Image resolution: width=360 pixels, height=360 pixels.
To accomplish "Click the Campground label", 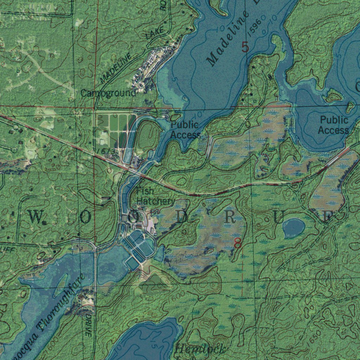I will click(108, 93).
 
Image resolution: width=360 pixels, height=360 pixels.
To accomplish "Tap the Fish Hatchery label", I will click(155, 196).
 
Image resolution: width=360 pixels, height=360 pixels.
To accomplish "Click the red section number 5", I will click(245, 47).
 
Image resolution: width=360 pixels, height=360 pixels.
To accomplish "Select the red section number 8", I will click(238, 243).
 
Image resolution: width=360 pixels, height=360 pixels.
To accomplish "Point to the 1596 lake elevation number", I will click(254, 28).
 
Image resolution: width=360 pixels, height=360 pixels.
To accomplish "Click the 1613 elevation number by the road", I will click(105, 152).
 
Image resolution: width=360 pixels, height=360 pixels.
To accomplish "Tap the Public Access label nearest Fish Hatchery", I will click(185, 130).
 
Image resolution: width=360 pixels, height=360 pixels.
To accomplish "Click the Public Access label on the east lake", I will click(334, 125).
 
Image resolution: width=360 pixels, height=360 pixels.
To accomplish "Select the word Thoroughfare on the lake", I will click(62, 303).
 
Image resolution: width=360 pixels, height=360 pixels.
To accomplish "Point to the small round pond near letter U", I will click(294, 227).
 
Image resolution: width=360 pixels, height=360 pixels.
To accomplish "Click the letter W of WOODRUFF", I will click(35, 217).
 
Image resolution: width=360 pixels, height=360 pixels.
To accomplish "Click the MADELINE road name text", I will click(115, 69).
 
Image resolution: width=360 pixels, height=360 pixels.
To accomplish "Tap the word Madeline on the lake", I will click(229, 40).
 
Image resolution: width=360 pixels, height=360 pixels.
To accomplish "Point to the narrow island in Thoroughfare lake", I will click(62, 283).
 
